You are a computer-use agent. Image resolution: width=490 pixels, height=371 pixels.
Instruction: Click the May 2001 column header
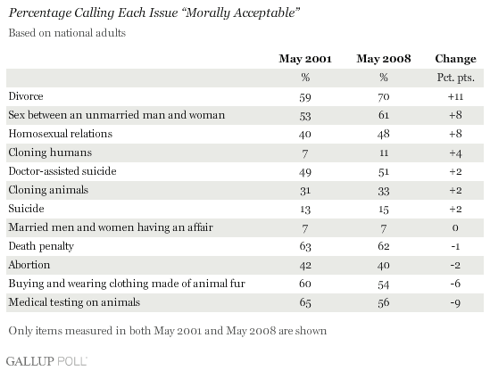(x=305, y=59)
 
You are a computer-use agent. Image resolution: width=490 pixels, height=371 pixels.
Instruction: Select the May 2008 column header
(x=384, y=59)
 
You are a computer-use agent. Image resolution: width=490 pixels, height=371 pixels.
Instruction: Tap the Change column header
(x=455, y=59)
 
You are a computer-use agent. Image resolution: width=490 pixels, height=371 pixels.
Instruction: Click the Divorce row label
(x=26, y=96)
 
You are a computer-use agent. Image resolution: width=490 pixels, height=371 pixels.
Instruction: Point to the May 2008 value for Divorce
(x=384, y=97)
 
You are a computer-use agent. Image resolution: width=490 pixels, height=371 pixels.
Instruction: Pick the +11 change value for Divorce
(x=455, y=97)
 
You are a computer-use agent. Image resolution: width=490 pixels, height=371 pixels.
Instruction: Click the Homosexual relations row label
(x=61, y=134)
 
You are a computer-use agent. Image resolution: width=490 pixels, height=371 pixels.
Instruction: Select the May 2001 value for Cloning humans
(x=305, y=153)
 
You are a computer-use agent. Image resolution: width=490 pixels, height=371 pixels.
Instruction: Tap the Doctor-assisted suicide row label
(x=62, y=171)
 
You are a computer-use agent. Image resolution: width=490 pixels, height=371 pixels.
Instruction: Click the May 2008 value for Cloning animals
(x=384, y=191)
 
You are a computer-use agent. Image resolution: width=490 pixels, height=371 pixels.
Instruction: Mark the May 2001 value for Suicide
(x=305, y=210)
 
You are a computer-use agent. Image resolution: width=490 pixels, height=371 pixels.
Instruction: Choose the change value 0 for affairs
(x=455, y=227)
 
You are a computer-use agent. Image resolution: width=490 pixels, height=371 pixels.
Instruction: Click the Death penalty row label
(x=41, y=246)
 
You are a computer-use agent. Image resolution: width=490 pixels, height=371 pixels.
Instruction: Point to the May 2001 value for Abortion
(x=305, y=266)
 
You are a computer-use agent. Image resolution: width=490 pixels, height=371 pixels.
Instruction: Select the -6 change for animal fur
(x=455, y=284)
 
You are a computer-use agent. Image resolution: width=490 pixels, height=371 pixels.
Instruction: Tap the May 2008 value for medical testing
(x=384, y=303)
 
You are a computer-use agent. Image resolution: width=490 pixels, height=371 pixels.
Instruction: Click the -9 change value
(x=455, y=303)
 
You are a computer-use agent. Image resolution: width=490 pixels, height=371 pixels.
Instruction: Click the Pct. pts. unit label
(x=455, y=78)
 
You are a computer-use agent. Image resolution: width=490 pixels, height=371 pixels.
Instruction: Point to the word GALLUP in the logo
(x=30, y=361)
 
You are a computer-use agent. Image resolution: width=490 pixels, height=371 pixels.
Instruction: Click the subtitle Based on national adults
(x=67, y=33)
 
